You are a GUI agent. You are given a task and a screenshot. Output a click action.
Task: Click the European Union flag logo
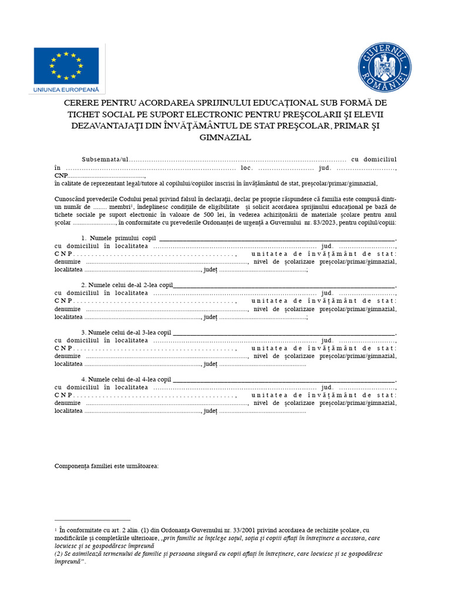click(66, 65)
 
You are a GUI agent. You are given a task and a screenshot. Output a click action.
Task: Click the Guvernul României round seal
click(385, 67)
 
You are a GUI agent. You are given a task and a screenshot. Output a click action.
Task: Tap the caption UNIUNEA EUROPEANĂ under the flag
click(65, 90)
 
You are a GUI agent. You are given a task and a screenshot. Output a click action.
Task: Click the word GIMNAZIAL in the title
click(225, 137)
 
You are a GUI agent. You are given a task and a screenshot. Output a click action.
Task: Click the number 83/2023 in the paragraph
click(336, 222)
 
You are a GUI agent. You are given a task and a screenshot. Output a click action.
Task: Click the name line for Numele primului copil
click(277, 238)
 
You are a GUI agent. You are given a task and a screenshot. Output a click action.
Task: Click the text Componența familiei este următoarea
click(106, 466)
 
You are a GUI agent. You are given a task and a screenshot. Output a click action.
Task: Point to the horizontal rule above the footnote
click(92, 520)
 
